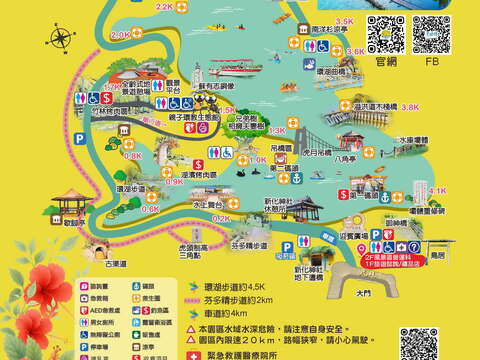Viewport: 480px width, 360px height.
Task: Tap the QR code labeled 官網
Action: [385, 34]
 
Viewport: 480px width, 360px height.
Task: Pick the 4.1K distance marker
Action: [438, 189]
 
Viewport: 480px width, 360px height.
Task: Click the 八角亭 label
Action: [344, 157]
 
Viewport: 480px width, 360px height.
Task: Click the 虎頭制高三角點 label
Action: [182, 256]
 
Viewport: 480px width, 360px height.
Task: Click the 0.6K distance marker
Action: [150, 209]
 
